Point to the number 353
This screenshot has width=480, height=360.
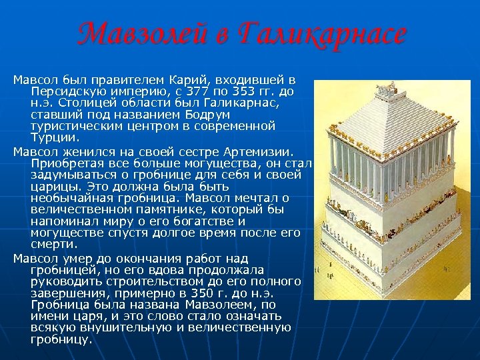tap(247, 91)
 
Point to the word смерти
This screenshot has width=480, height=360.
tap(51, 244)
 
